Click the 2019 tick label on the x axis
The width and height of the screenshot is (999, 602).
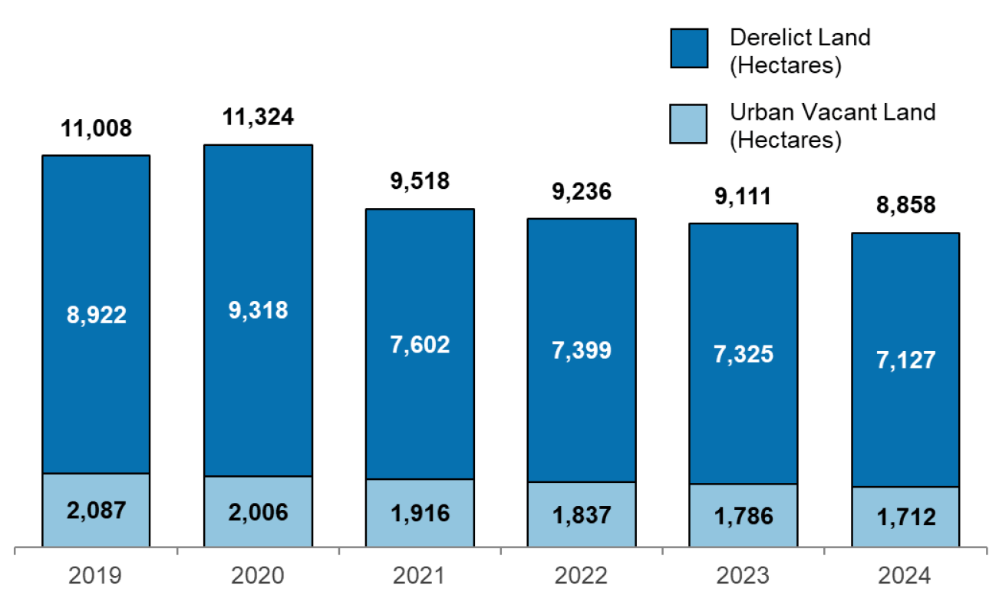tap(96, 575)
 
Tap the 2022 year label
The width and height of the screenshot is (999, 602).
tap(581, 575)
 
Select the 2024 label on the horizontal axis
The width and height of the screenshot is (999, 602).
tap(905, 575)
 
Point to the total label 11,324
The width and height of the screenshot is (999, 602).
tap(258, 117)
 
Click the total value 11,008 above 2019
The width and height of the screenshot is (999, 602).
tap(96, 128)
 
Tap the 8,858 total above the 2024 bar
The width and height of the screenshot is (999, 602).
tap(905, 206)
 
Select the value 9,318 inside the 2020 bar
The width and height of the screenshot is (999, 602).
tap(258, 309)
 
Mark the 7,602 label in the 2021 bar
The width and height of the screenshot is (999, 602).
tap(419, 344)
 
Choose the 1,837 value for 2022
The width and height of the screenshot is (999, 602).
tap(581, 515)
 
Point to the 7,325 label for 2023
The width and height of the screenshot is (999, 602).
tap(743, 354)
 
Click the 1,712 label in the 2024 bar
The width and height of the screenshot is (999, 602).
tap(905, 518)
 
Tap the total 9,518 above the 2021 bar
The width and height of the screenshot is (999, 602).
tap(419, 182)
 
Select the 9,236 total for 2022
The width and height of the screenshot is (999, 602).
tap(581, 191)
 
